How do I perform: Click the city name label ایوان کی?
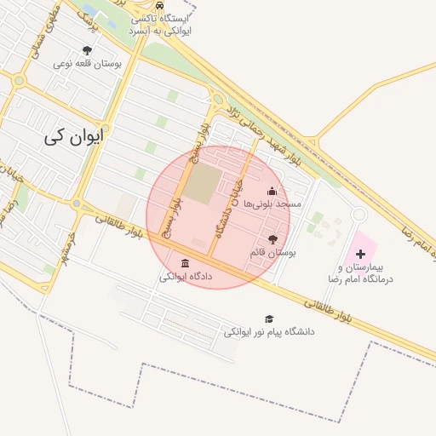pyautogui.click(x=76, y=135)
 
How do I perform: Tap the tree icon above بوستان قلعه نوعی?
pyautogui.click(x=88, y=50)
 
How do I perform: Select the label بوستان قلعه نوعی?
pyautogui.click(x=88, y=63)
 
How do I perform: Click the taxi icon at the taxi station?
pyautogui.click(x=160, y=4)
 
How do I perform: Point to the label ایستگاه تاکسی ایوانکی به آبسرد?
pyautogui.click(x=160, y=23)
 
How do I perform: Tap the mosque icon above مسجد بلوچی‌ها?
pyautogui.click(x=272, y=191)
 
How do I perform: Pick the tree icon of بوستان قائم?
pyautogui.click(x=272, y=240)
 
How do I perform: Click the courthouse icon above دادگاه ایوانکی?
pyautogui.click(x=186, y=263)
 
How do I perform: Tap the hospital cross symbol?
pyautogui.click(x=361, y=254)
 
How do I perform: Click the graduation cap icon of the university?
pyautogui.click(x=270, y=318)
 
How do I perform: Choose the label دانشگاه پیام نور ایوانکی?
pyautogui.click(x=269, y=331)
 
